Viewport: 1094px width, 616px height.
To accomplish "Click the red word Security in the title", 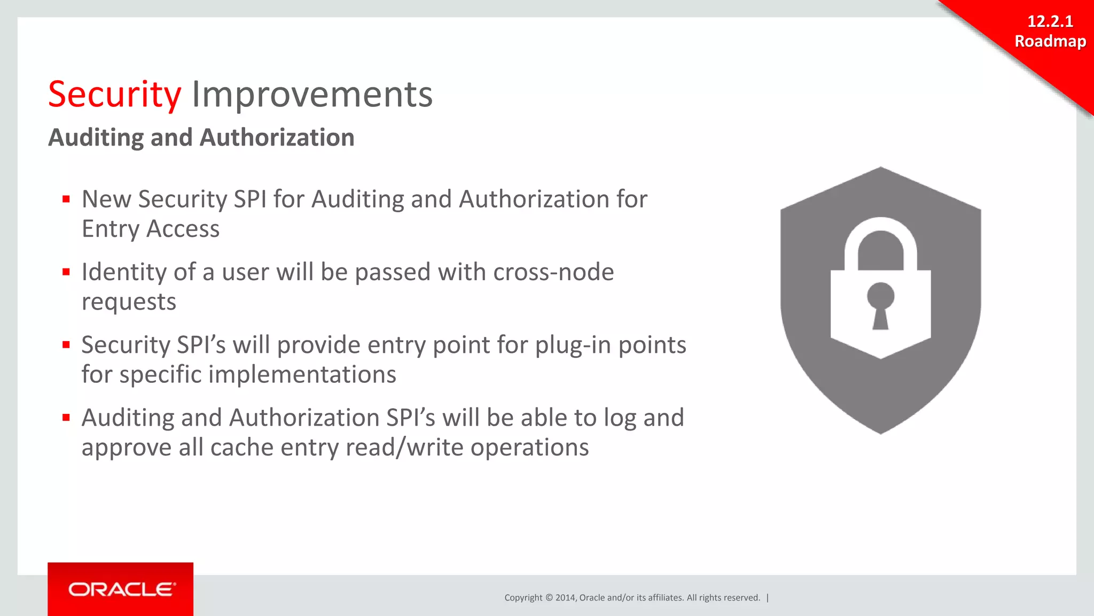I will pyautogui.click(x=114, y=95).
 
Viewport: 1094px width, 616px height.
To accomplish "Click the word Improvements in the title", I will pyautogui.click(x=312, y=95).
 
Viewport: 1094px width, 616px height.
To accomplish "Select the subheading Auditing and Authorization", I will pyautogui.click(x=201, y=137).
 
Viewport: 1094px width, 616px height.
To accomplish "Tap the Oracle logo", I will pyautogui.click(x=121, y=589).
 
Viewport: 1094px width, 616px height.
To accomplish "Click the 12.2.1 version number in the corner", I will pyautogui.click(x=1050, y=21).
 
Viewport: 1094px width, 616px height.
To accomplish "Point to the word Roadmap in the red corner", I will pyautogui.click(x=1050, y=41).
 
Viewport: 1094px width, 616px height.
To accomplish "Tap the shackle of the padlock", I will pyautogui.click(x=880, y=235).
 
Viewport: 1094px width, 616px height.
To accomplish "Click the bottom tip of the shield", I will pyautogui.click(x=880, y=430).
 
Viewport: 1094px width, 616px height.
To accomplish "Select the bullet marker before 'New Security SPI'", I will pyautogui.click(x=66, y=199).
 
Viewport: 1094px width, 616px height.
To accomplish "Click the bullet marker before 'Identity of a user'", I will pyautogui.click(x=66, y=272).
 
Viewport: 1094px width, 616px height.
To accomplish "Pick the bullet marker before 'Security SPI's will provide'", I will pyautogui.click(x=66, y=345).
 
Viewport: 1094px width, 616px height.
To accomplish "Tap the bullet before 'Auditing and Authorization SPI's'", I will pyautogui.click(x=66, y=418).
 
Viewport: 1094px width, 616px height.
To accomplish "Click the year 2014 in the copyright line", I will pyautogui.click(x=565, y=598).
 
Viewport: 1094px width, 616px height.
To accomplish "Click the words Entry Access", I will pyautogui.click(x=151, y=229).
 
